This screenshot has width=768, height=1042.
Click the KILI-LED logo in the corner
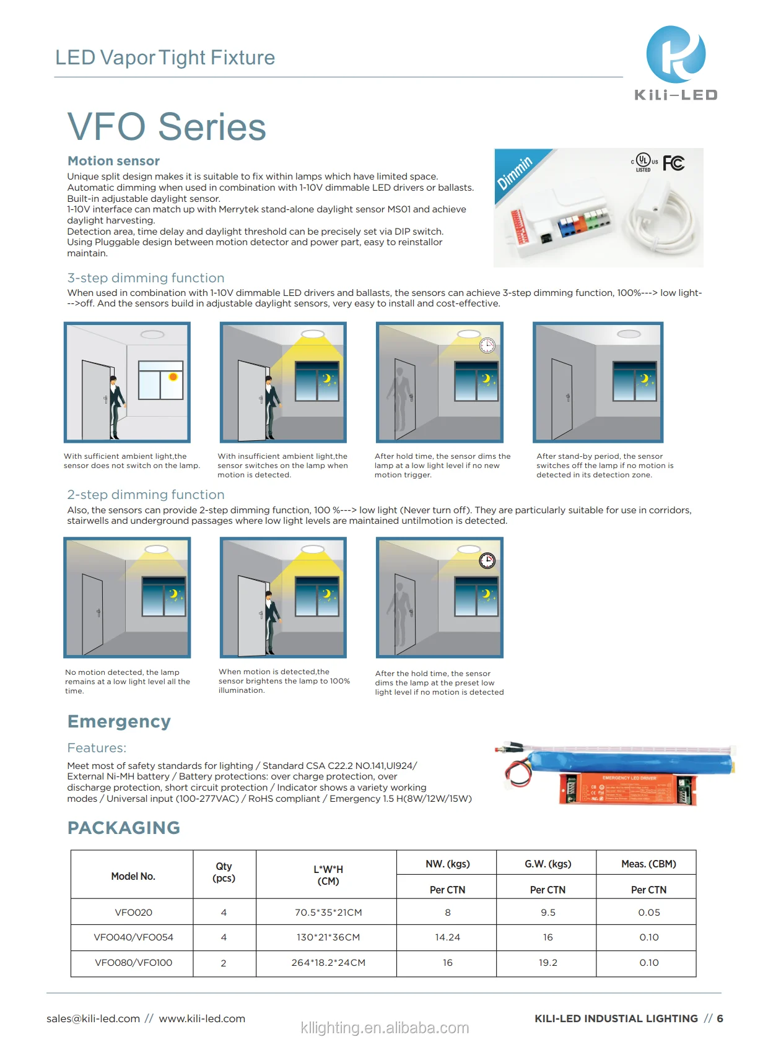pos(676,63)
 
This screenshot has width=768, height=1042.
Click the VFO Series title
pos(167,127)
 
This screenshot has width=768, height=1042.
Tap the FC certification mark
pos(673,163)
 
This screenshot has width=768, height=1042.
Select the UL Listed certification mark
pos(644,162)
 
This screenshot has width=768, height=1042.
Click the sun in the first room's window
pos(173,376)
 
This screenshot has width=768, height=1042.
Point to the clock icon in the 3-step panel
pos(487,345)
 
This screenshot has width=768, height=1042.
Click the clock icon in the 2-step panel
pos(487,561)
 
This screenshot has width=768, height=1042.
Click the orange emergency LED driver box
pos(627,789)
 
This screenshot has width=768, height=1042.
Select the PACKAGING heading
pos(124,828)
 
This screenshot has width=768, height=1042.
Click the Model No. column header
pos(133,876)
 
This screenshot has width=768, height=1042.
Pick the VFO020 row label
pos(133,913)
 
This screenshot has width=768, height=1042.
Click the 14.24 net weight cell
pos(447,937)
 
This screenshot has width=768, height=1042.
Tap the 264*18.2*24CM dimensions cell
pos(328,963)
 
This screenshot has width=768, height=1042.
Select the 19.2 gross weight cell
pos(548,963)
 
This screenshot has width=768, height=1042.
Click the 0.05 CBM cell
pos(648,913)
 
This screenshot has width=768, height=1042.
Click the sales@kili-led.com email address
pos(94,1018)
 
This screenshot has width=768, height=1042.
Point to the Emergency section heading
pos(119,721)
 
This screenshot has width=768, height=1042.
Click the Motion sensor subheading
pos(113,161)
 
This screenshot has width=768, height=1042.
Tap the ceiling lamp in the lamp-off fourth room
pos(629,334)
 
